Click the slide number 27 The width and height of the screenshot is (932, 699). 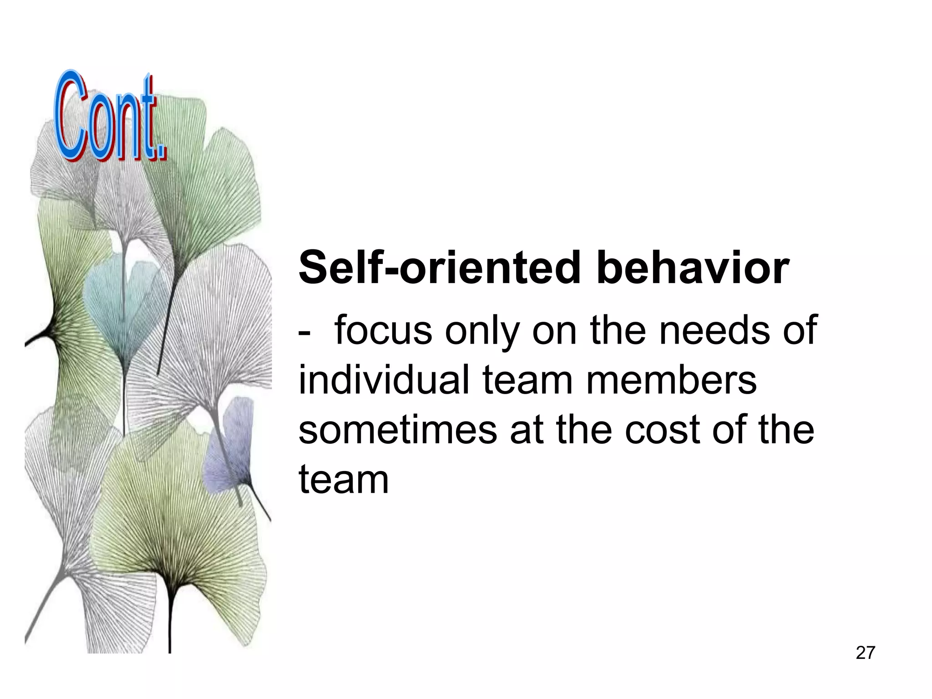pyautogui.click(x=865, y=653)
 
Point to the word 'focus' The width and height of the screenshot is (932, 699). pyautogui.click(x=383, y=331)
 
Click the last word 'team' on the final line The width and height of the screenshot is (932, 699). pyautogui.click(x=344, y=479)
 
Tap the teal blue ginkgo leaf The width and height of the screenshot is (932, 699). pyautogui.click(x=119, y=300)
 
